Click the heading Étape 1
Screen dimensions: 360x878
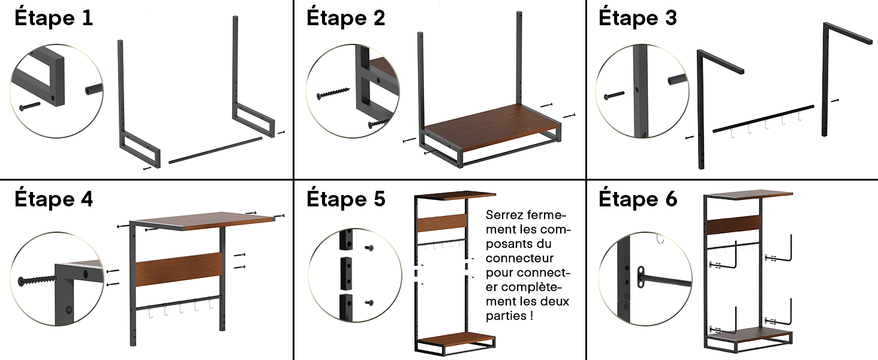[54, 18]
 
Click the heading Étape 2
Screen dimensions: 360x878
[346, 18]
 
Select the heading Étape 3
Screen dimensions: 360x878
[638, 18]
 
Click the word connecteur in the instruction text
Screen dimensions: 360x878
[519, 259]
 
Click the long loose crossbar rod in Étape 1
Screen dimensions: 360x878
[216, 150]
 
